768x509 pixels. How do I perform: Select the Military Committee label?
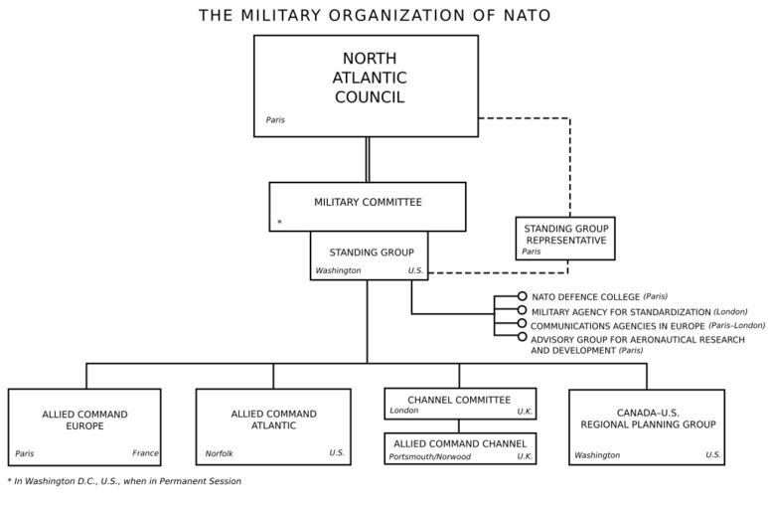368,202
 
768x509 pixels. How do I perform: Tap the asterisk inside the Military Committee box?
280,223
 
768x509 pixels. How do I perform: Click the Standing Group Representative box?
565,239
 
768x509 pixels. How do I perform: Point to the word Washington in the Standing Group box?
338,270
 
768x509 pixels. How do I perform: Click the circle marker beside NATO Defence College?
522,296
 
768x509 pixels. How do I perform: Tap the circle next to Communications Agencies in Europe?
522,324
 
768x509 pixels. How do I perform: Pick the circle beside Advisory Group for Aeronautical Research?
522,338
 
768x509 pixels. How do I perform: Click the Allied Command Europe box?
84,426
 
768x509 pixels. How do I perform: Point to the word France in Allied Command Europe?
145,453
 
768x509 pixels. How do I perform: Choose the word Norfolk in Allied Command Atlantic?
220,453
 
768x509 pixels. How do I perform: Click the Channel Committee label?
459,399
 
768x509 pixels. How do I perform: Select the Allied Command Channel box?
460,447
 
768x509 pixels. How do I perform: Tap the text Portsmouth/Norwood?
429,457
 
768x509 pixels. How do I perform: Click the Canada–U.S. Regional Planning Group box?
646,426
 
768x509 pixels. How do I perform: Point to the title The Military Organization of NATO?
375,15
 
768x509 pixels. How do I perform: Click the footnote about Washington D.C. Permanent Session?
124,481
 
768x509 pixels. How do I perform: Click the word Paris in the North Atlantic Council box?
275,120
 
